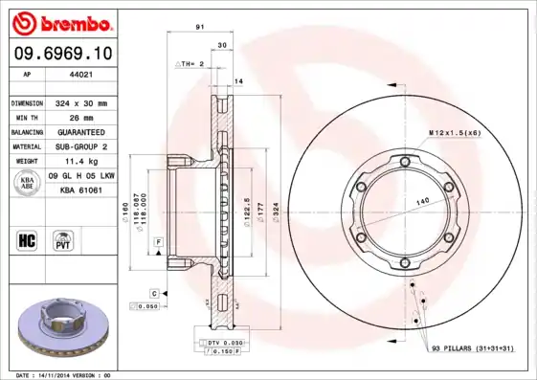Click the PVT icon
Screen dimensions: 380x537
click(x=64, y=239)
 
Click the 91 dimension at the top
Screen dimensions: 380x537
click(x=199, y=28)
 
